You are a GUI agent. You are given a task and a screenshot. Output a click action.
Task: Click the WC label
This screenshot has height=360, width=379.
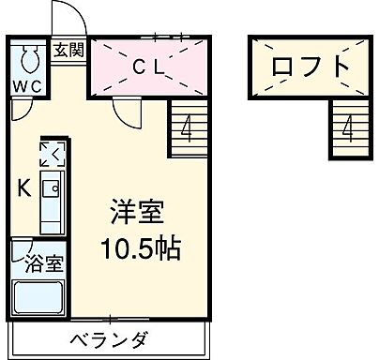27,88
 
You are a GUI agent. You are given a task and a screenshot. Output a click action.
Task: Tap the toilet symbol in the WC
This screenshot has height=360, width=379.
28,60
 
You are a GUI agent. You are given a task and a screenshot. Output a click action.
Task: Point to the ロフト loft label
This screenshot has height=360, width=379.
311,67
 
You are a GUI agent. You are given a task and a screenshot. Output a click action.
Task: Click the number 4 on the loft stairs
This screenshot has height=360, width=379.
347,128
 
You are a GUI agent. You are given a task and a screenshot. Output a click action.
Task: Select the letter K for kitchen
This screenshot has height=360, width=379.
24,187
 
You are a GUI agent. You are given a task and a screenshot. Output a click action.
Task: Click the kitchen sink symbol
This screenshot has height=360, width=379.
52,189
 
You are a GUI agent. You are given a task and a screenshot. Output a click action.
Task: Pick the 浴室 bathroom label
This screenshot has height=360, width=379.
43,262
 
